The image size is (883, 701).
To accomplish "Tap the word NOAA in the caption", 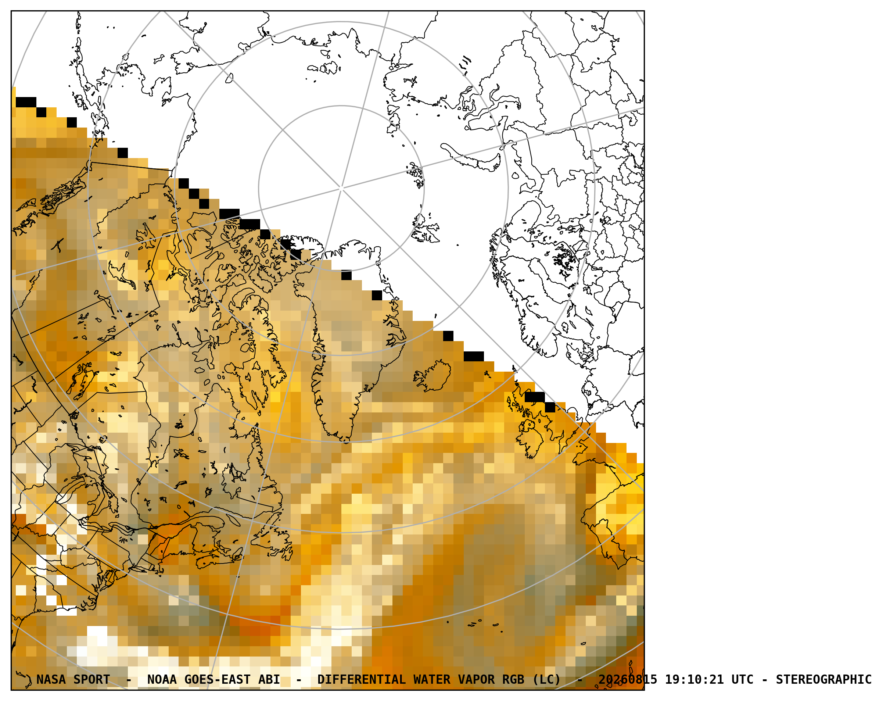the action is point(162,680).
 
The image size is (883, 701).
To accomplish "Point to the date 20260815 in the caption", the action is point(628,680).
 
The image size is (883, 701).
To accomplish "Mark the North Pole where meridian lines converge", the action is point(341,189).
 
